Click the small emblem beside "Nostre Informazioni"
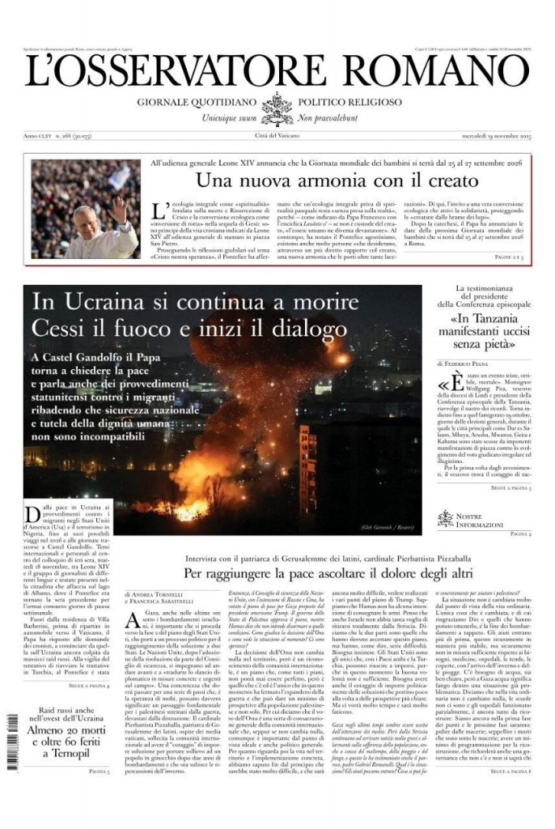point(446,518)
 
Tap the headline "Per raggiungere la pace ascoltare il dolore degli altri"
point(325,572)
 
